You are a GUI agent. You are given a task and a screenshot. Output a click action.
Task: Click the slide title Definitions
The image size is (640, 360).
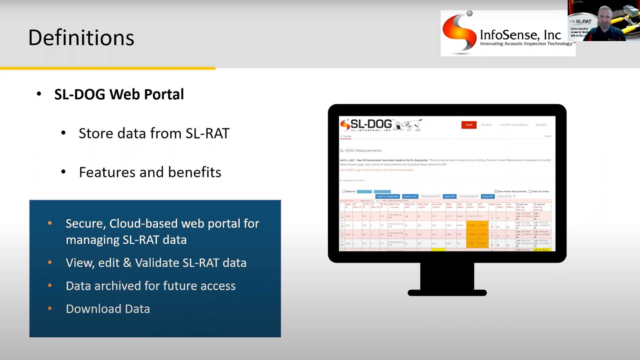click(x=81, y=38)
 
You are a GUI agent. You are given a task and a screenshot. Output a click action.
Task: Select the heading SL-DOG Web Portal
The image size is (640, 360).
click(x=119, y=94)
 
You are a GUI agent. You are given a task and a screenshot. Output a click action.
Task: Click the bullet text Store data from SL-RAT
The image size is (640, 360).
click(x=154, y=134)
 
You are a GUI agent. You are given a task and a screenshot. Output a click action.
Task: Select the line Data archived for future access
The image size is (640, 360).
click(x=150, y=286)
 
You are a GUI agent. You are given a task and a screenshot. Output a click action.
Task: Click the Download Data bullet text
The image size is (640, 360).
click(x=108, y=309)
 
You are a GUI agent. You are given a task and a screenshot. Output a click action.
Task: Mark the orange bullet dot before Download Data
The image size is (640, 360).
click(x=50, y=309)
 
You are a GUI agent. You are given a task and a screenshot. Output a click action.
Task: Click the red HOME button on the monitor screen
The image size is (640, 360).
click(x=469, y=125)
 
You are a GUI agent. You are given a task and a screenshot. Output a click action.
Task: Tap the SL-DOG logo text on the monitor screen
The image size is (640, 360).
click(x=371, y=124)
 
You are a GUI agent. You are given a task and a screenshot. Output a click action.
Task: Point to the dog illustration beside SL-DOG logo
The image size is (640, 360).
click(x=409, y=125)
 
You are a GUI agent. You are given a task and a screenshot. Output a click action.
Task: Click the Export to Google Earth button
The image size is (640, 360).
click(x=387, y=196)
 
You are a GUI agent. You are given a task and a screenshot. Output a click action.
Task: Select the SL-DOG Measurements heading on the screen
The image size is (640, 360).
click(x=360, y=150)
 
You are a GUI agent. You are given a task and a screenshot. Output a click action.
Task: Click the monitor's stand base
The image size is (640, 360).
click(x=447, y=293)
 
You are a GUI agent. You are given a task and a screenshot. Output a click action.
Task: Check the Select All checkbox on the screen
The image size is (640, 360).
click(x=343, y=192)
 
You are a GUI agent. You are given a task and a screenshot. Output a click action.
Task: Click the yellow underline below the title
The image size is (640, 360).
click(x=108, y=68)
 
